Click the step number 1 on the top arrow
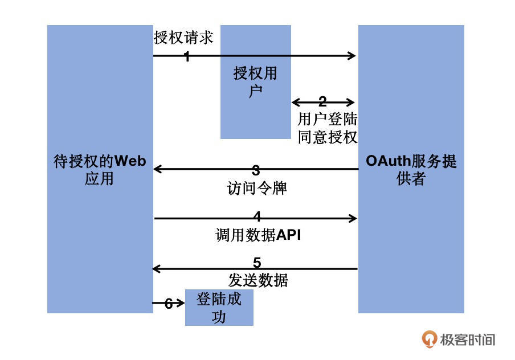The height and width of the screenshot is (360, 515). coord(186,56)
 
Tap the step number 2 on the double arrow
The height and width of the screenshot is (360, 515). coord(322,102)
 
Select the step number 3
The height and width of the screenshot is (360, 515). coord(256,170)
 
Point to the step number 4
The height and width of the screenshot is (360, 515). coord(257,217)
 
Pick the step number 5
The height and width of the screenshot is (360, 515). coord(257,263)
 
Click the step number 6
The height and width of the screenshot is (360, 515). coord(169,304)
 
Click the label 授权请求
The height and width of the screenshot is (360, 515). coord(183,38)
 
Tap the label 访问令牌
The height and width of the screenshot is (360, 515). coord(256,188)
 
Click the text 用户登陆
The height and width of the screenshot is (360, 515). coord(328,120)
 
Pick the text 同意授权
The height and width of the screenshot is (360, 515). coord(328,137)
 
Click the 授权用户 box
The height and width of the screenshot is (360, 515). coord(255,81)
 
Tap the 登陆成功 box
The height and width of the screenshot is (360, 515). coord(219,308)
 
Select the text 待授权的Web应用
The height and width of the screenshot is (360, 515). coord(100,170)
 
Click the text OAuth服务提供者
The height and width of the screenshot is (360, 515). coord(411,170)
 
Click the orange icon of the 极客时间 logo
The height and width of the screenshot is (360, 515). coord(429,339)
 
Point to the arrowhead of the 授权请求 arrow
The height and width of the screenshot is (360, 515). coord(351,56)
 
